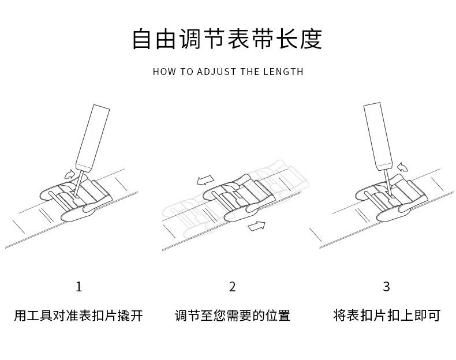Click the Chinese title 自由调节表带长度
point(227,39)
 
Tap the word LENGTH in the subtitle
point(283,72)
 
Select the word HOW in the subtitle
point(164,72)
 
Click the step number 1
point(79,287)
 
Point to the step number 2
point(233,287)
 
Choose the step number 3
point(386,287)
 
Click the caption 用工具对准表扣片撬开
point(79,316)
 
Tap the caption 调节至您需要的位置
point(233,316)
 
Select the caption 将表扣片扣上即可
point(386,316)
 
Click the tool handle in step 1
point(93,134)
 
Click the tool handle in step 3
point(375,133)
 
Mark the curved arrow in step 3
point(402,167)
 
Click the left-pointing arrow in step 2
point(204,181)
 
